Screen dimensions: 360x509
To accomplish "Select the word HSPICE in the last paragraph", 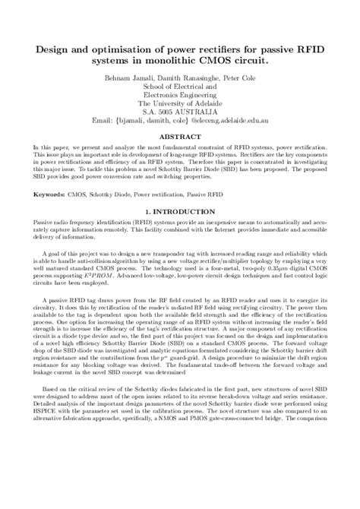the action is pos(42,483).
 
